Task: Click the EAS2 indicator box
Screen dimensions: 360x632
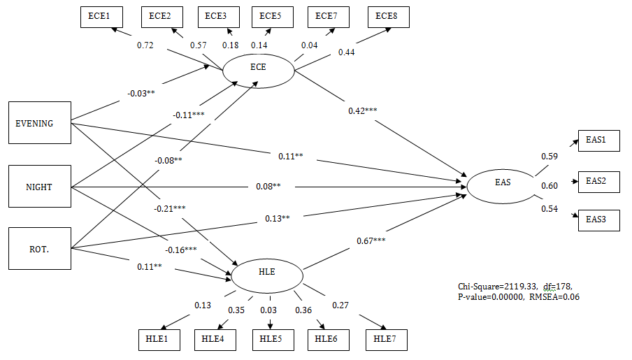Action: click(596, 180)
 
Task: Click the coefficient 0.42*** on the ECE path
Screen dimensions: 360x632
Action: click(363, 110)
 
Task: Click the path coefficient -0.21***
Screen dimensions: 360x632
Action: click(171, 208)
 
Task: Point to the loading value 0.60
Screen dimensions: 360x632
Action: click(550, 185)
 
